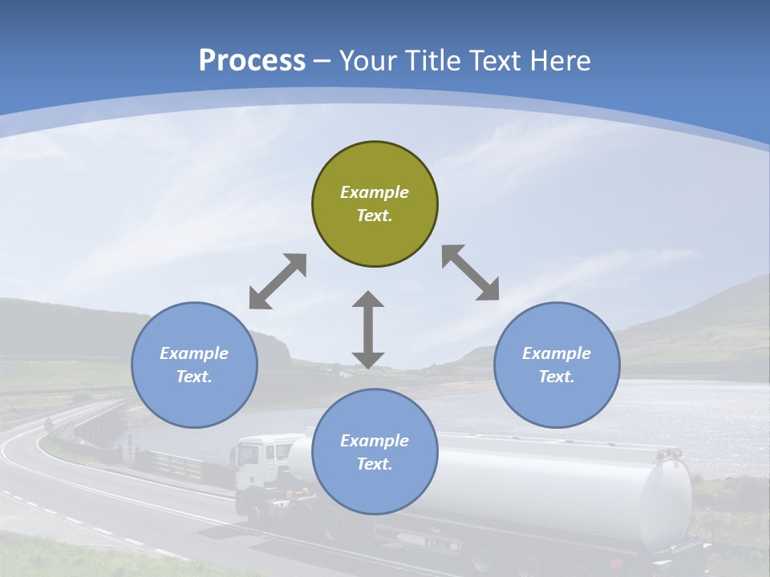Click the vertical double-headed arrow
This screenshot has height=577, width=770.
point(368,329)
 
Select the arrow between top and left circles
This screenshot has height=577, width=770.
point(278,281)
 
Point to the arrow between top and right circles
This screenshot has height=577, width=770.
point(471,273)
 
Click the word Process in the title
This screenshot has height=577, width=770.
point(252,61)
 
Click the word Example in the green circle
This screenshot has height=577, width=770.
point(375,192)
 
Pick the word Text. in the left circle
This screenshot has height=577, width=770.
point(194,377)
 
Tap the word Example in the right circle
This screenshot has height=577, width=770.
point(557,353)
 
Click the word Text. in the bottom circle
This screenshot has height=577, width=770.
point(375,464)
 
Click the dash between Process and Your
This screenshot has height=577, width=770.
point(322,61)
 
